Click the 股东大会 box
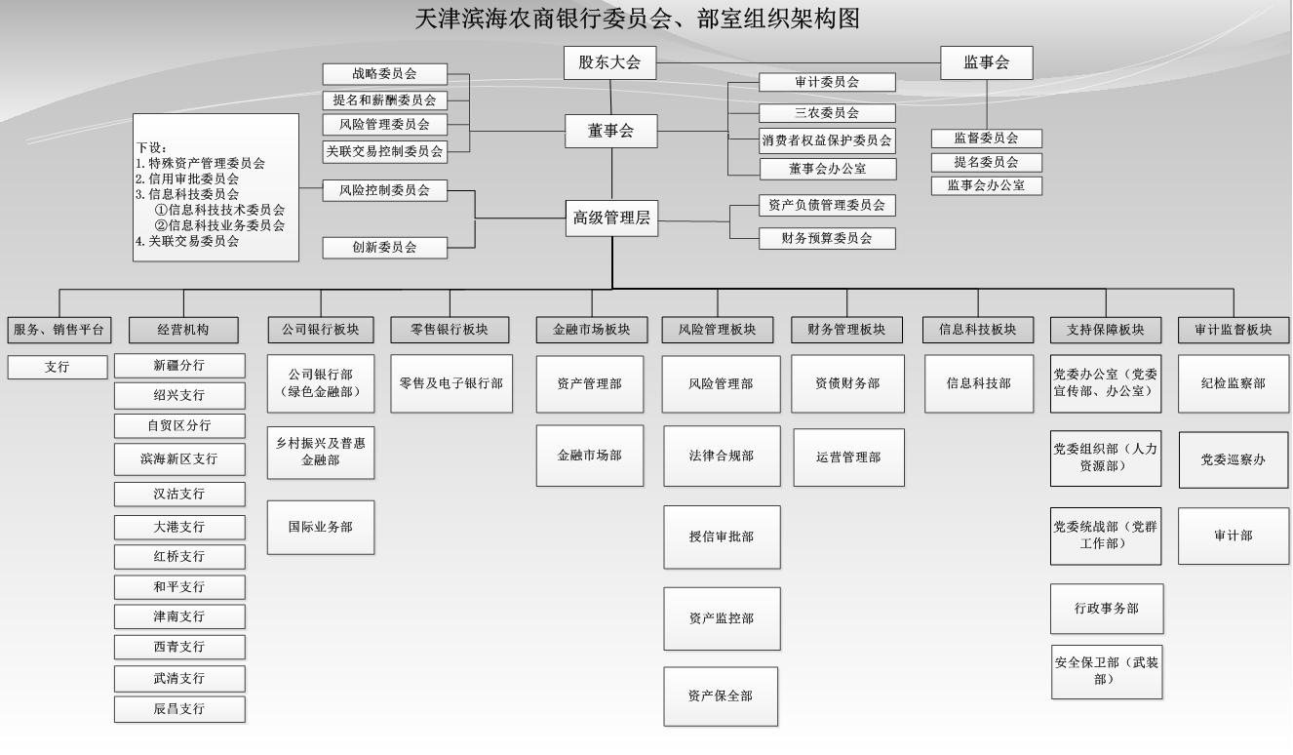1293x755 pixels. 609,62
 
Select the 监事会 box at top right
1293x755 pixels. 986,62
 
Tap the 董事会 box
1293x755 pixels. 610,131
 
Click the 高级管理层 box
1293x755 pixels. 611,219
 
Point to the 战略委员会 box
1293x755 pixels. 384,74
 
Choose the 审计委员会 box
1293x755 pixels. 827,83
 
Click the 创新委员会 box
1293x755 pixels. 384,248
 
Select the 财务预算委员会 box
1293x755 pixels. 827,237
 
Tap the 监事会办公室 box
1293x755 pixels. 986,185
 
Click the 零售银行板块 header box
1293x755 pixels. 451,330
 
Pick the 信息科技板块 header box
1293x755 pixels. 978,330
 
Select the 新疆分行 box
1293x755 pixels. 179,365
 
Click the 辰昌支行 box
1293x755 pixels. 179,709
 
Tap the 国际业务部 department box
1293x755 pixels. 320,527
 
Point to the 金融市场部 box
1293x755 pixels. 589,456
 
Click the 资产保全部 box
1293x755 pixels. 721,695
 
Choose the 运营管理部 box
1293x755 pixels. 848,457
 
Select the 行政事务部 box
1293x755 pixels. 1106,609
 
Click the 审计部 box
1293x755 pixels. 1233,536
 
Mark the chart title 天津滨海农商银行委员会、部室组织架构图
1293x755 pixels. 638,18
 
